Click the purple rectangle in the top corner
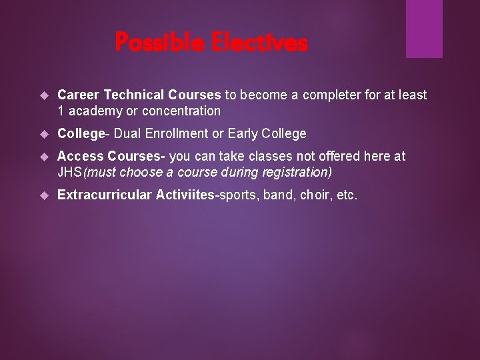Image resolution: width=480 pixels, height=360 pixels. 424,28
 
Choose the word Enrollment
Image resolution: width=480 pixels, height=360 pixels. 175,134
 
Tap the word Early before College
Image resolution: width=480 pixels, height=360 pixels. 243,134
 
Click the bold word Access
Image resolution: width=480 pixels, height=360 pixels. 80,157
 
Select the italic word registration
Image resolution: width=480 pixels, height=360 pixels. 298,173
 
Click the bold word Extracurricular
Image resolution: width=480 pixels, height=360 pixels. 105,195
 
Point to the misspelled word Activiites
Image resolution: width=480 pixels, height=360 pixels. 183,195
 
